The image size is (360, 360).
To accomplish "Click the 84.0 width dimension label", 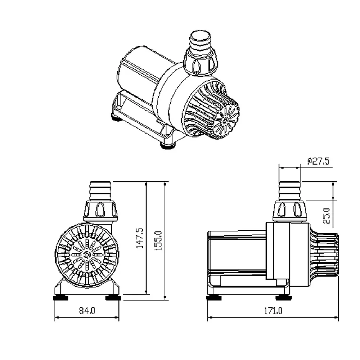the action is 87,311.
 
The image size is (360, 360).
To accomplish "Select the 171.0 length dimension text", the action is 273,311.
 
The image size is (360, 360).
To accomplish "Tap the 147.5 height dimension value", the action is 140,238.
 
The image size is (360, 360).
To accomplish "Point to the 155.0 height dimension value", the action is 158,240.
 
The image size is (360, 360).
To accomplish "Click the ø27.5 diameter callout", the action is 318,161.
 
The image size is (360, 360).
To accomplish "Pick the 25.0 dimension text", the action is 326,216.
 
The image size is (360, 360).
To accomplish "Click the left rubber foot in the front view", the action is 60,298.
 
